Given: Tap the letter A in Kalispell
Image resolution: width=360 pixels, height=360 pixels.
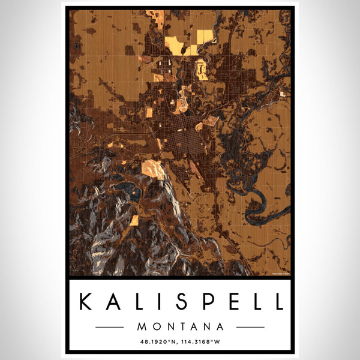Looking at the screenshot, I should pyautogui.click(x=115, y=301).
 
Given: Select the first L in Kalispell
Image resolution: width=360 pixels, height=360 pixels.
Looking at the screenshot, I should pyautogui.click(x=142, y=301).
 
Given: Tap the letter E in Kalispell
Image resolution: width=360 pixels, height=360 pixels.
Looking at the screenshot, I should pyautogui.click(x=233, y=301).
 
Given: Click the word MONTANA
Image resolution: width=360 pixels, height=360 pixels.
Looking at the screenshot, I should pyautogui.click(x=180, y=327).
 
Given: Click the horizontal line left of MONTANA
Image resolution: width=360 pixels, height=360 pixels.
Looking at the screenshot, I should pyautogui.click(x=110, y=327).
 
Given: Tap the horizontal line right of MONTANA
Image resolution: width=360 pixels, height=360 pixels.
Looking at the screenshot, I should pyautogui.click(x=250, y=327).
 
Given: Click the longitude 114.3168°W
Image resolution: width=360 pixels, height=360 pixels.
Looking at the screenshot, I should pyautogui.click(x=204, y=343).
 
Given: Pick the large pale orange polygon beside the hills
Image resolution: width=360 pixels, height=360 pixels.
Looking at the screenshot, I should pyautogui.click(x=153, y=169).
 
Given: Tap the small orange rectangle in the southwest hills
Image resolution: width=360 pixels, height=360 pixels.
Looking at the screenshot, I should pyautogui.click(x=134, y=220).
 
